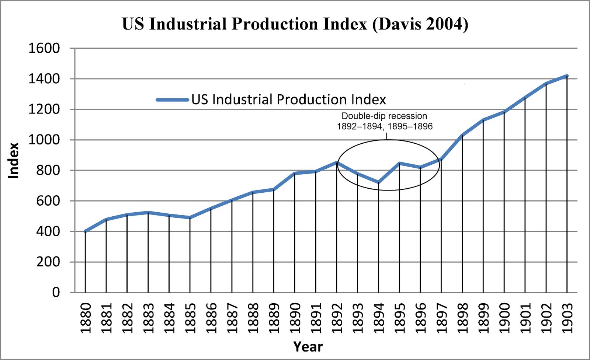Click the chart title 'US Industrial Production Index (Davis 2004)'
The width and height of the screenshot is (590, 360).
(x=295, y=24)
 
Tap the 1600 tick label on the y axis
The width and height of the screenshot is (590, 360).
(x=44, y=48)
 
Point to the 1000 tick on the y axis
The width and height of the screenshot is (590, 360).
(x=44, y=140)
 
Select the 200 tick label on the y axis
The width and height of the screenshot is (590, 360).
(x=48, y=262)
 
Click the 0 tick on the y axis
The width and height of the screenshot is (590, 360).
(x=56, y=293)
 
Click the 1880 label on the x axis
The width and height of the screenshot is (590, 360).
(x=86, y=318)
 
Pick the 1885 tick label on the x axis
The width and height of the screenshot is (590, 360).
(x=190, y=318)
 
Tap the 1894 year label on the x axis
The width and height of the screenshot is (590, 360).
(x=379, y=318)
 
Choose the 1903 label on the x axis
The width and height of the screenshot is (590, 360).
(x=567, y=318)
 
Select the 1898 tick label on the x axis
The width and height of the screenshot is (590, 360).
(x=462, y=318)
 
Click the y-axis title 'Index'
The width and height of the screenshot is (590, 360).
(x=14, y=161)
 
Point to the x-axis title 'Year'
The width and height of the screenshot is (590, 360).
(x=308, y=347)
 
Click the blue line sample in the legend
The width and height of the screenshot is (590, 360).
(x=172, y=100)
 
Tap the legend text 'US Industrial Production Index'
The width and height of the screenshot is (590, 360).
(x=289, y=100)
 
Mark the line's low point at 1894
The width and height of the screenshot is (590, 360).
(x=379, y=182)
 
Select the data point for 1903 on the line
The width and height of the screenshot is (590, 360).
(x=567, y=76)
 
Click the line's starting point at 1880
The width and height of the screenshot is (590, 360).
(x=86, y=231)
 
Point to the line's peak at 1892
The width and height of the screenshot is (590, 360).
(x=337, y=162)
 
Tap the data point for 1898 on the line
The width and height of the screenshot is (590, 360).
(x=462, y=135)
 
